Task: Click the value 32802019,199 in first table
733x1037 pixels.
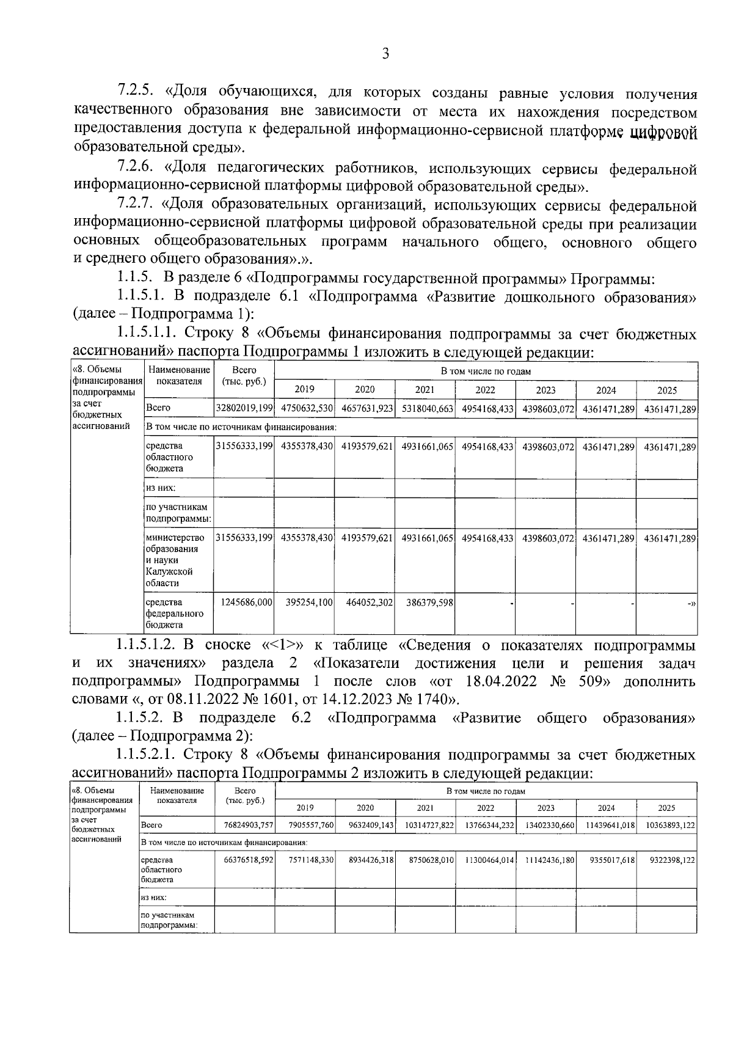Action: pos(244,408)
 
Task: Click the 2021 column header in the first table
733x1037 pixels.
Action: pos(425,390)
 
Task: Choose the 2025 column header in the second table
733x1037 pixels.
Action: pos(666,807)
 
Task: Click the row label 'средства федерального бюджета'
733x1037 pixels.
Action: pos(174,614)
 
